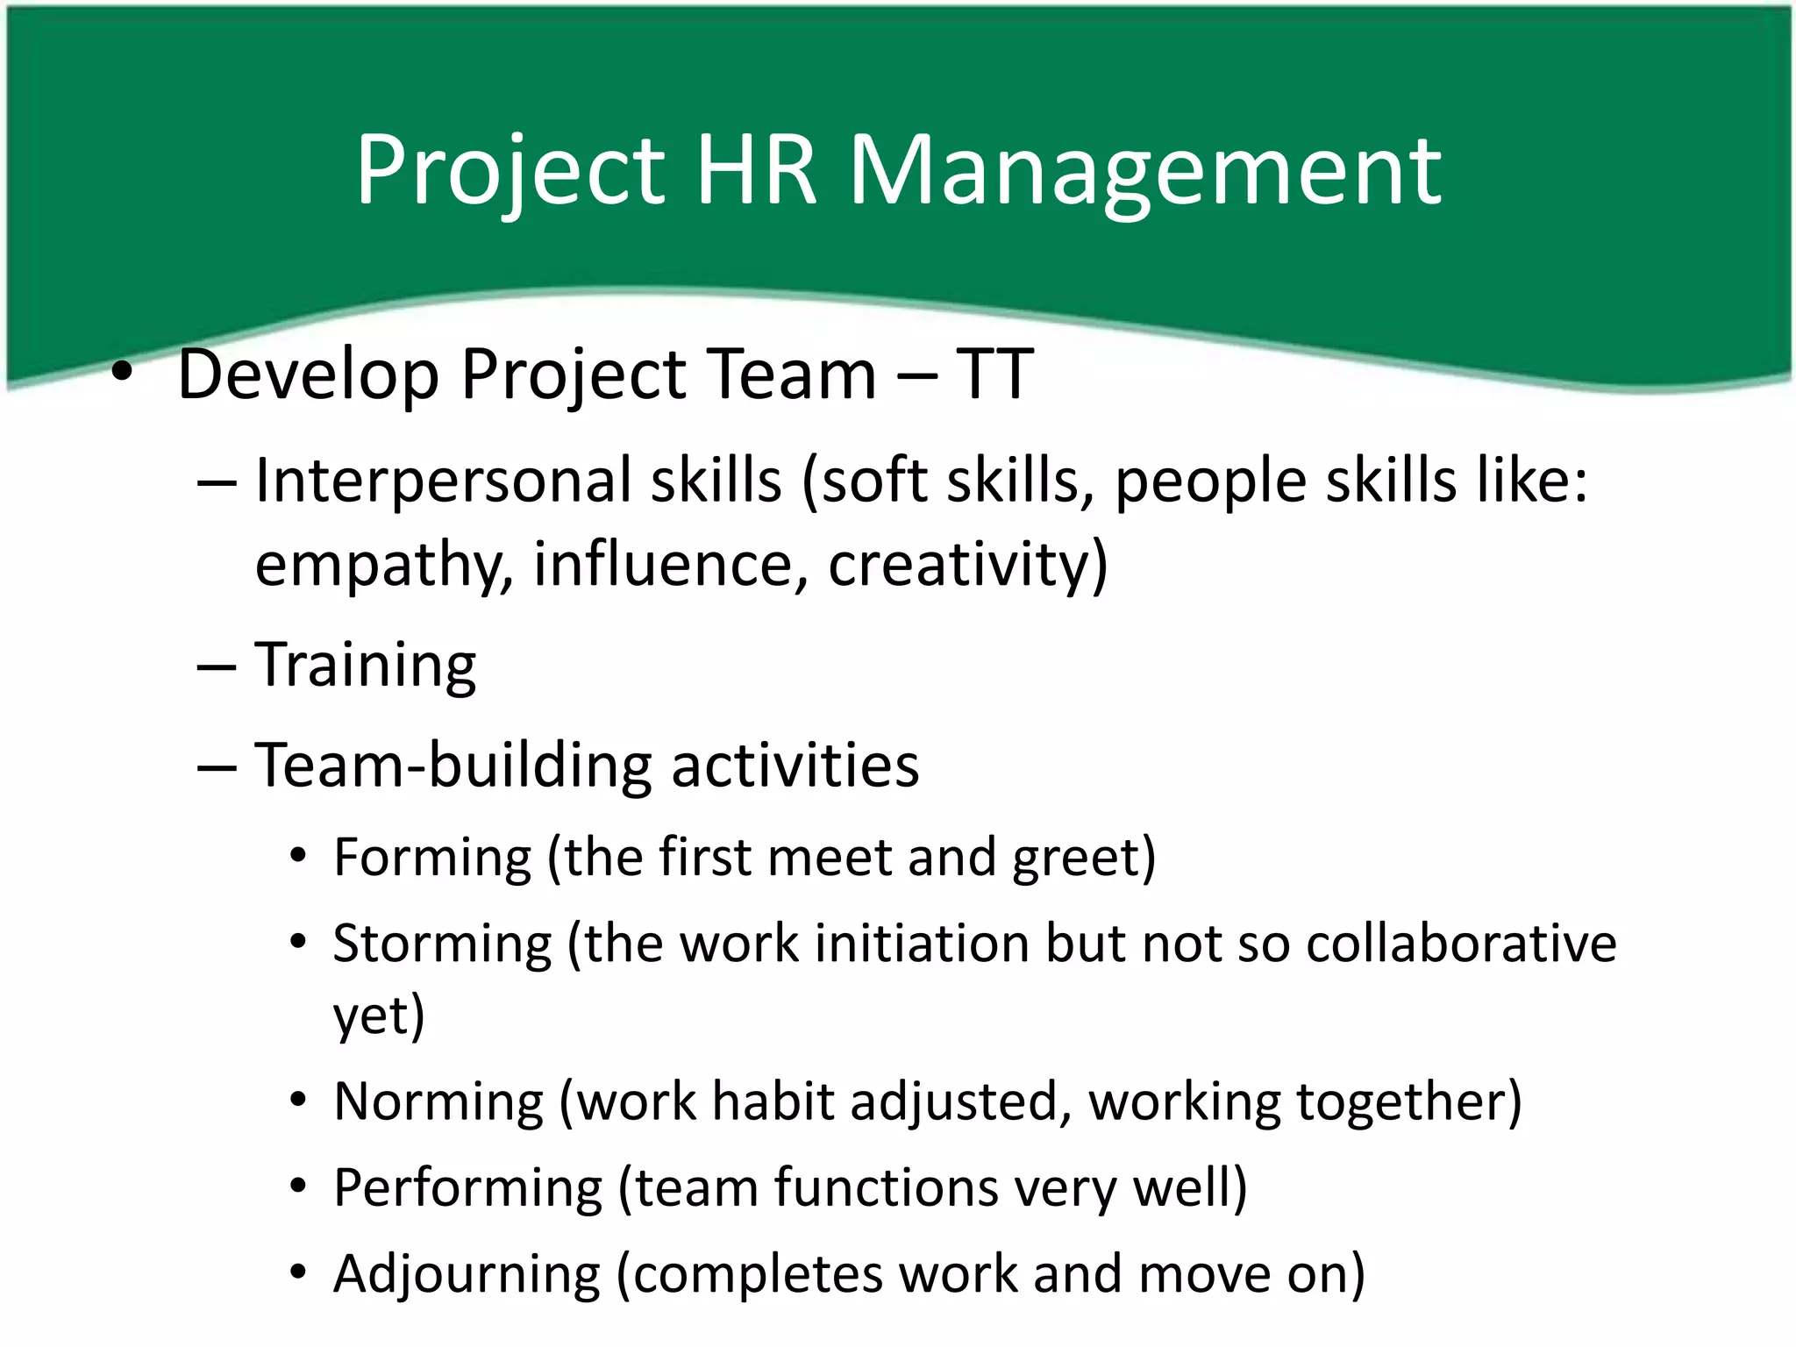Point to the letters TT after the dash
[x=994, y=374]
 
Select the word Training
[x=365, y=666]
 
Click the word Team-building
[x=453, y=766]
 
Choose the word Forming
[x=432, y=857]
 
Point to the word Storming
[x=442, y=944]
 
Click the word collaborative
[x=1461, y=944]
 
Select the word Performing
[x=467, y=1187]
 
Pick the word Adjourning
[x=467, y=1273]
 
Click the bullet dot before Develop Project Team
[x=122, y=374]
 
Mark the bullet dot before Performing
[x=299, y=1187]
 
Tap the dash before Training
[x=217, y=667]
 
